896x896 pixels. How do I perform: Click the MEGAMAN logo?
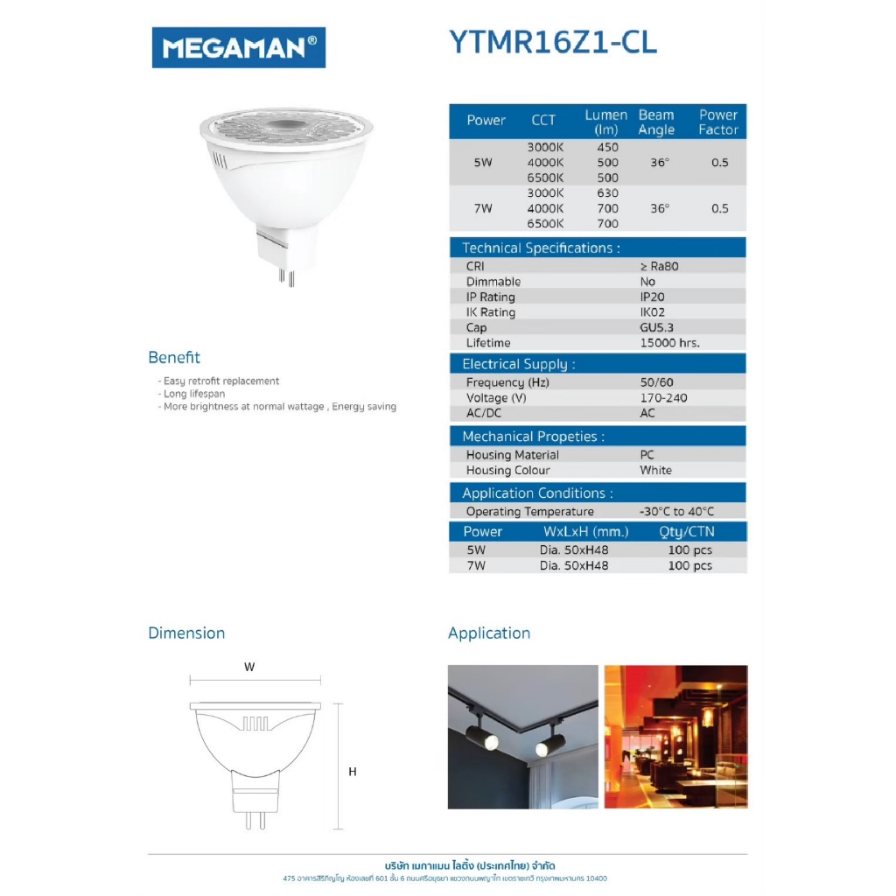[238, 47]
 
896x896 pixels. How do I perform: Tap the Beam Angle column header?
[656, 122]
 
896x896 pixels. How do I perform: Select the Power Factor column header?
[718, 122]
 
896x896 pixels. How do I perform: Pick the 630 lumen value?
[607, 193]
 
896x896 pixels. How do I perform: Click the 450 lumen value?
[607, 147]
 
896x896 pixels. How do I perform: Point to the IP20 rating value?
[652, 297]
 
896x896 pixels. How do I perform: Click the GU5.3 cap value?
[657, 327]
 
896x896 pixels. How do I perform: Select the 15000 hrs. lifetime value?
[669, 343]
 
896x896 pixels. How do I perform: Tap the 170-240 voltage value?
[663, 398]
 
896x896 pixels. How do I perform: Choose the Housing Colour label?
[507, 470]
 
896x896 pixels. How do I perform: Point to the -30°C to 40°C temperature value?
[676, 512]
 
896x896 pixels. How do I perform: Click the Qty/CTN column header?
[686, 532]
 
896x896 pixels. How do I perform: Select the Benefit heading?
[174, 357]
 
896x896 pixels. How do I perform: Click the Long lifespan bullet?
[194, 394]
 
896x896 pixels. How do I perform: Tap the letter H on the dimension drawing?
[353, 772]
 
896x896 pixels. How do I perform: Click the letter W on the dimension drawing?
[249, 667]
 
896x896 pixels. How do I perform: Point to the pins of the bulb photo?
[286, 276]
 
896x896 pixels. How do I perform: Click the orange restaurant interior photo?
[675, 736]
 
